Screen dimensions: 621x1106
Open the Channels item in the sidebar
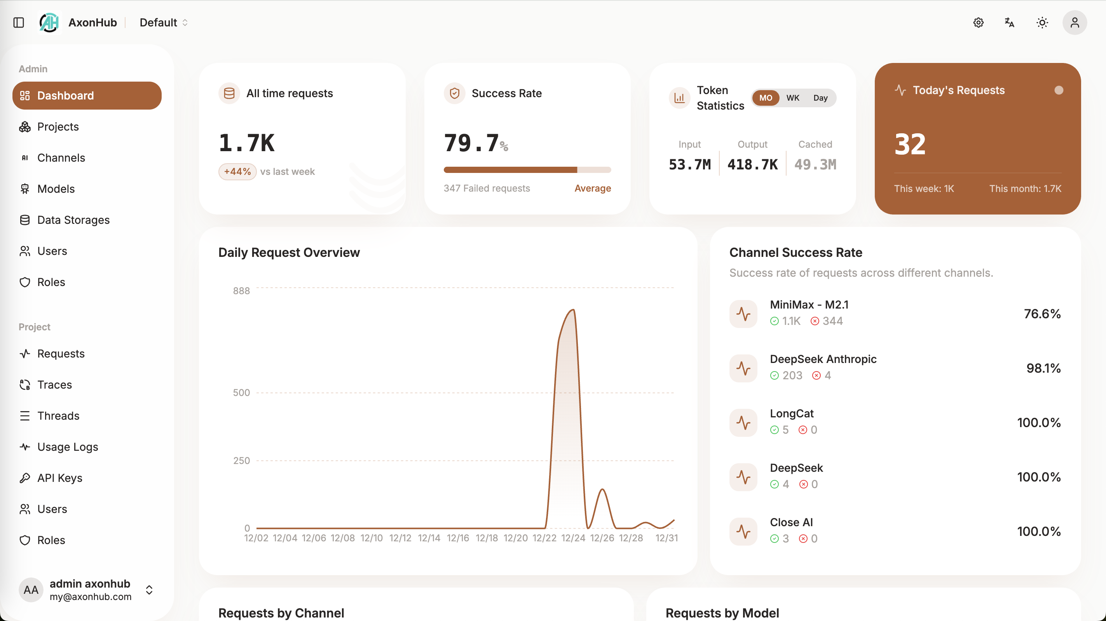pyautogui.click(x=61, y=158)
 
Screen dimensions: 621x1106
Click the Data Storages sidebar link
pyautogui.click(x=73, y=220)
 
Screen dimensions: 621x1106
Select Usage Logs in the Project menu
pyautogui.click(x=67, y=447)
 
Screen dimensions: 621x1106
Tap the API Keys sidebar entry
pyautogui.click(x=60, y=478)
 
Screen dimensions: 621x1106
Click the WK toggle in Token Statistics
pyautogui.click(x=792, y=98)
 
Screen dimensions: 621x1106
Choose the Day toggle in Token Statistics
pyautogui.click(x=820, y=98)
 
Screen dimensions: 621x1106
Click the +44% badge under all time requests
pyautogui.click(x=237, y=171)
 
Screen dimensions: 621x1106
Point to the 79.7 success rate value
pyautogui.click(x=471, y=143)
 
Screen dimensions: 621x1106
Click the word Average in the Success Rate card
pyautogui.click(x=593, y=188)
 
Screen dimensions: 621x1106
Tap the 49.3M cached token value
pyautogui.click(x=815, y=164)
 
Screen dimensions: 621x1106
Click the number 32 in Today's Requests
pyautogui.click(x=910, y=144)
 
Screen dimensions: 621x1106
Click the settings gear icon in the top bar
pyautogui.click(x=978, y=22)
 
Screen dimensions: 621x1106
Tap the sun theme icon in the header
pyautogui.click(x=1042, y=22)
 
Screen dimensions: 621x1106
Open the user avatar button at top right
pyautogui.click(x=1074, y=22)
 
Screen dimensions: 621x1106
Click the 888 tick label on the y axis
pyautogui.click(x=241, y=291)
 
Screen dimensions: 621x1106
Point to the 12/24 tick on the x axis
pyautogui.click(x=573, y=538)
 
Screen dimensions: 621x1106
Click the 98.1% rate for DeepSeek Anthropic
pyautogui.click(x=1043, y=368)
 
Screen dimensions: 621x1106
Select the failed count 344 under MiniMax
pyautogui.click(x=832, y=321)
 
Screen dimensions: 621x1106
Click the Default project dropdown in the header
pyautogui.click(x=164, y=22)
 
